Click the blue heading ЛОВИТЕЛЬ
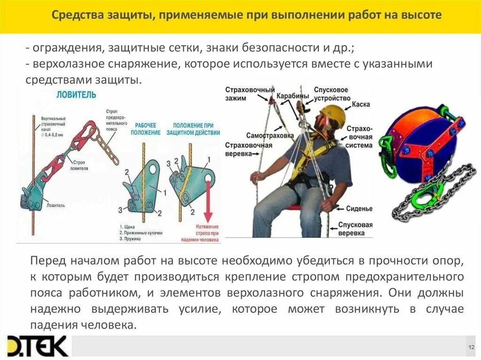tap(76, 94)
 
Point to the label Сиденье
tap(359, 208)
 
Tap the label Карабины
tap(292, 95)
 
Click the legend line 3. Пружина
tap(133, 238)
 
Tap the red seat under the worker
tap(294, 207)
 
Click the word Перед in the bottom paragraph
tap(46, 260)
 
